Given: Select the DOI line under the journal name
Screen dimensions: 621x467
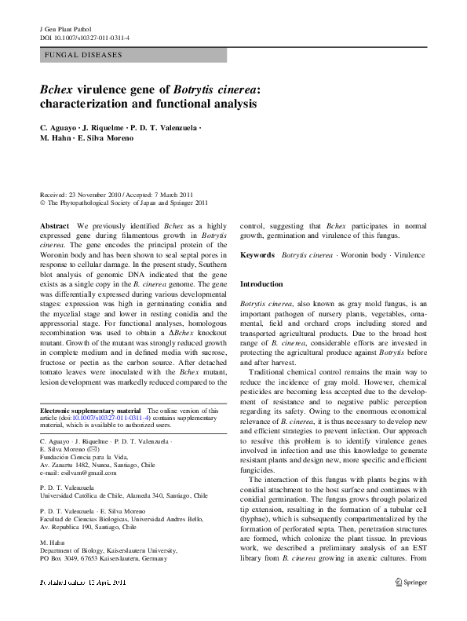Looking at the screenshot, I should [x=84, y=38].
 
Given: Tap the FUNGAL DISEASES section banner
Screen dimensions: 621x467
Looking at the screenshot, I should [x=133, y=56].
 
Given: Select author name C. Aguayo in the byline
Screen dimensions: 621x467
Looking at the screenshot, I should [x=59, y=127].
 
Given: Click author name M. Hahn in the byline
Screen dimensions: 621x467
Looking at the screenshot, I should [x=53, y=138].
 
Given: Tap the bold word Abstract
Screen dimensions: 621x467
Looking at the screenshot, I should [x=54, y=225].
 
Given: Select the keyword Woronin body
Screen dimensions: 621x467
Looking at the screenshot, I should [x=367, y=255].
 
